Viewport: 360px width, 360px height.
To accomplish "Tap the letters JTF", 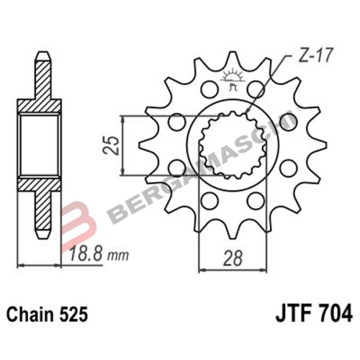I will coord(291,314).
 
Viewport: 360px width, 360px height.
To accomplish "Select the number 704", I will coord(333,314).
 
